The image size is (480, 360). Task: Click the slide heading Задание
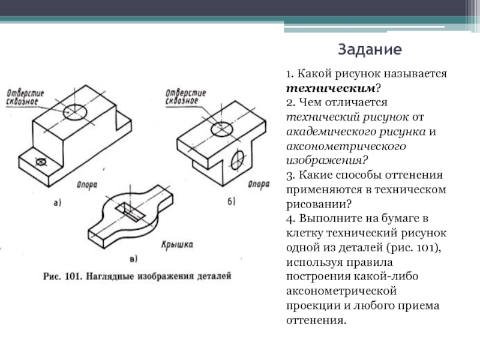(370, 49)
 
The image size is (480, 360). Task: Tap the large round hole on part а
(74, 112)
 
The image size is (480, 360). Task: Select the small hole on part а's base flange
(41, 162)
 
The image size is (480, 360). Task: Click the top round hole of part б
(221, 128)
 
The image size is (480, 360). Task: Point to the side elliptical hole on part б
(238, 160)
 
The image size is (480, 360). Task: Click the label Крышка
(177, 245)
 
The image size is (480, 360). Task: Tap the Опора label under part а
(87, 185)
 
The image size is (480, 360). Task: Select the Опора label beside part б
(259, 184)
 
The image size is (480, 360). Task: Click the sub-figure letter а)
(58, 203)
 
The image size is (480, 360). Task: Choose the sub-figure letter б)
(232, 201)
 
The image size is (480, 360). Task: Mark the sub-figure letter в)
(133, 259)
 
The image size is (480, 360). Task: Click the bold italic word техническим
(331, 88)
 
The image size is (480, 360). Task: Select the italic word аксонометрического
(346, 146)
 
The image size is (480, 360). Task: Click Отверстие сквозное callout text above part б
(186, 97)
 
